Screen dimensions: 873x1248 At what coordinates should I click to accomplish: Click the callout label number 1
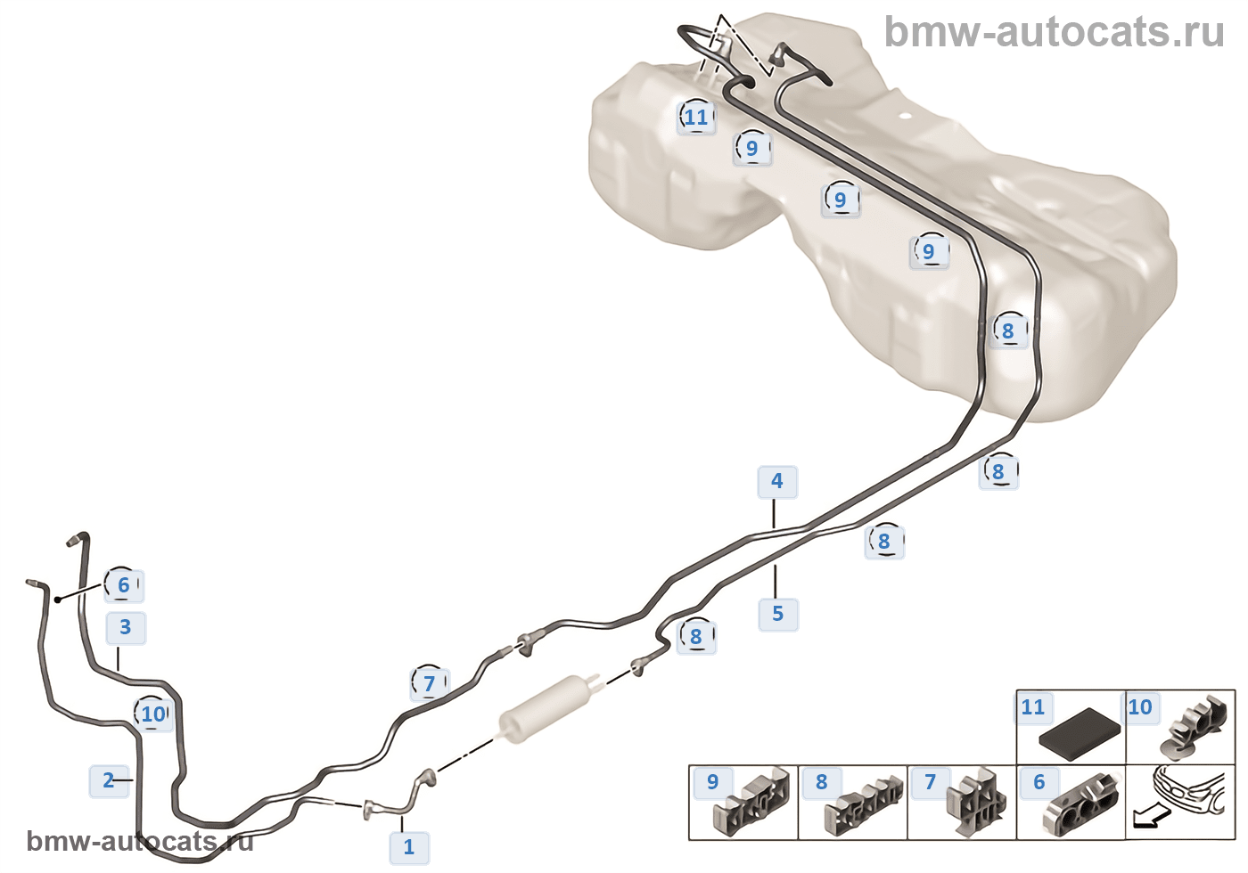(409, 847)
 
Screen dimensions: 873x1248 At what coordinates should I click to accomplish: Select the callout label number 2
(109, 781)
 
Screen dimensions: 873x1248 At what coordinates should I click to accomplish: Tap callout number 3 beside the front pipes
(126, 628)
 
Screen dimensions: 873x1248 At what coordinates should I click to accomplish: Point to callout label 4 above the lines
(777, 482)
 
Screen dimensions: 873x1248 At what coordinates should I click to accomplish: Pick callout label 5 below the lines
(778, 614)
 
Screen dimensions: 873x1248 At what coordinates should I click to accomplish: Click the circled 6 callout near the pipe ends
(124, 585)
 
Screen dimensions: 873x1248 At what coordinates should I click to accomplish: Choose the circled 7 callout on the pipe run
(429, 683)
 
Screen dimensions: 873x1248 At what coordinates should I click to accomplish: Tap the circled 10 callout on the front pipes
(153, 714)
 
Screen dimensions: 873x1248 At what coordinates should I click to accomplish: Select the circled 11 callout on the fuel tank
(696, 117)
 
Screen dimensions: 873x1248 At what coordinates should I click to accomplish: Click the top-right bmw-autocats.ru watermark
(1054, 32)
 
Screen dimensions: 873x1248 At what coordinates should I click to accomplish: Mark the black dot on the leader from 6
(58, 600)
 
